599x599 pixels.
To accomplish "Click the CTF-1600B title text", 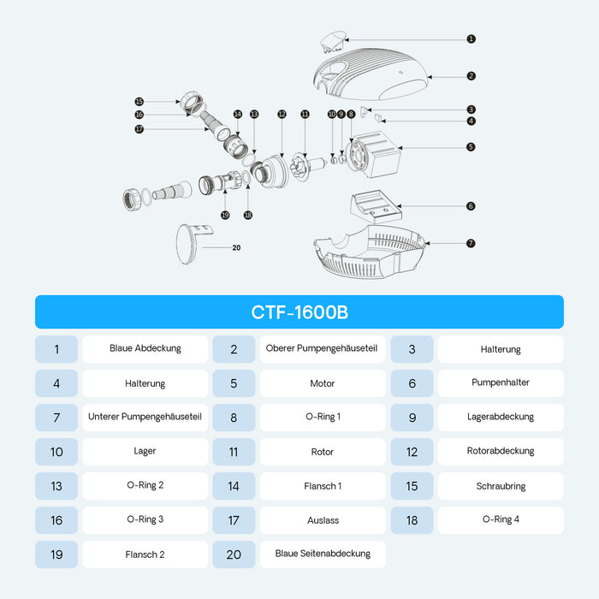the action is coord(299,312).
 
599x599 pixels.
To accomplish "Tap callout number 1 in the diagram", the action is coord(471,39).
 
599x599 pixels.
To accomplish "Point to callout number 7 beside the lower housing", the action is coord(471,243).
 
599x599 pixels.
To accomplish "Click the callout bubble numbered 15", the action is coord(139,102).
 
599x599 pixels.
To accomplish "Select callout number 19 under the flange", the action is coord(225,215).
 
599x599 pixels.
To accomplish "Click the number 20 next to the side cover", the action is coord(236,247).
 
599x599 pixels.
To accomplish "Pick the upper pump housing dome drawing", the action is coord(370,74).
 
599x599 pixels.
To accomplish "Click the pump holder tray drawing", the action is coord(376,206).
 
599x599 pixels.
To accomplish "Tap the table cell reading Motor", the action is coord(323,383).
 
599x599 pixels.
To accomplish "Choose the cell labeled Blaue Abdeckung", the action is coord(145,349).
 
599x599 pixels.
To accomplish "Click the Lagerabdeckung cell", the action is coord(501,418).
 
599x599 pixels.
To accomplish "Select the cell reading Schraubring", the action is coord(501,486).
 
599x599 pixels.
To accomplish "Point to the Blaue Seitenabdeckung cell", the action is coord(323,555).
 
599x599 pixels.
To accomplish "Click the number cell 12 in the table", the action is coord(412,452).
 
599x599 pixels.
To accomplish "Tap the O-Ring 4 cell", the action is coord(501,520).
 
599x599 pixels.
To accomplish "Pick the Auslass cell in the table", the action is coord(323,520).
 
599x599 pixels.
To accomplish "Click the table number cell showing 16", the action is coord(56,520).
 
